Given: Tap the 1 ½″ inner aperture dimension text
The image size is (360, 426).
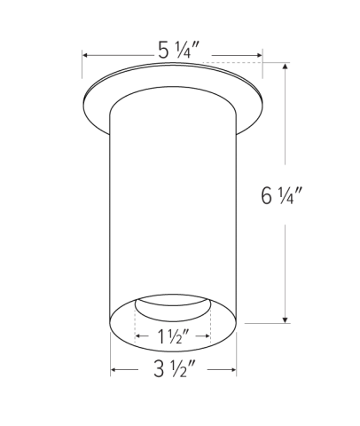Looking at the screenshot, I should [173, 338].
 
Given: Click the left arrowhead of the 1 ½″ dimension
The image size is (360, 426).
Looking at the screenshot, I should [138, 338].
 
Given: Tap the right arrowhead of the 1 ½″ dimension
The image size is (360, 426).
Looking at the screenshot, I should [208, 338].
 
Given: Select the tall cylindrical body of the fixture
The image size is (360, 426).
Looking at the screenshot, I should [173, 204].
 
